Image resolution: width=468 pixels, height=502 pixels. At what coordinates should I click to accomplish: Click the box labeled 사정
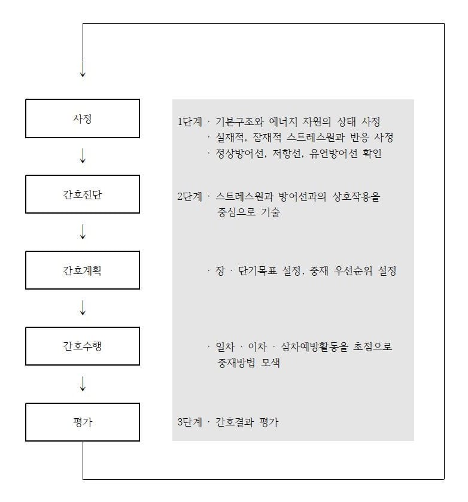tap(83, 118)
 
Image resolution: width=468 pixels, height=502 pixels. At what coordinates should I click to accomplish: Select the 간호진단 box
tap(83, 194)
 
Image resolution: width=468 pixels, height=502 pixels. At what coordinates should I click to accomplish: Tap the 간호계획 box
tap(83, 270)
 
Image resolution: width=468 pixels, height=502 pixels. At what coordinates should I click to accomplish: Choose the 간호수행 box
tap(83, 346)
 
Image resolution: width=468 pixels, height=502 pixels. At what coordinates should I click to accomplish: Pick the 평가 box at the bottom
tap(83, 422)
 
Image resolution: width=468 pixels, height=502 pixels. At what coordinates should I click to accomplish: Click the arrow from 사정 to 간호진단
tap(83, 156)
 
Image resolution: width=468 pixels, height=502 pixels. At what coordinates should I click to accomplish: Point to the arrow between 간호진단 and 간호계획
tap(83, 232)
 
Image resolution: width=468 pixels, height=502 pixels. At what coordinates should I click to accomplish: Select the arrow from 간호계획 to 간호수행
tap(83, 308)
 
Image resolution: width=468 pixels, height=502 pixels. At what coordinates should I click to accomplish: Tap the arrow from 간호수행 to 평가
tap(83, 384)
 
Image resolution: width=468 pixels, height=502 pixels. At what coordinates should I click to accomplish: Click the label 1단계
tap(190, 121)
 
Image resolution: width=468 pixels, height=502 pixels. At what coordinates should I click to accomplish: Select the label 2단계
tap(190, 197)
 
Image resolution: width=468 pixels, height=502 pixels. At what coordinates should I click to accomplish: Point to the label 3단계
tap(190, 422)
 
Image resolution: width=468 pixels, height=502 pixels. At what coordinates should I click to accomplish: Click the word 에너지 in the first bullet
tap(283, 121)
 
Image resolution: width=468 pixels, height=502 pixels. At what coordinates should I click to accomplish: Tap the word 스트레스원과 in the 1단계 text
tap(315, 138)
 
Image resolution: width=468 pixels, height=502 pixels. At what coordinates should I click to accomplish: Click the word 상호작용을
tap(356, 197)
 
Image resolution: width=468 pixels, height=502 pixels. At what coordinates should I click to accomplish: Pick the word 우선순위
tap(353, 271)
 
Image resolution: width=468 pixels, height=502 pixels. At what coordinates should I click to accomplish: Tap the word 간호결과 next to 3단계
tap(235, 422)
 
